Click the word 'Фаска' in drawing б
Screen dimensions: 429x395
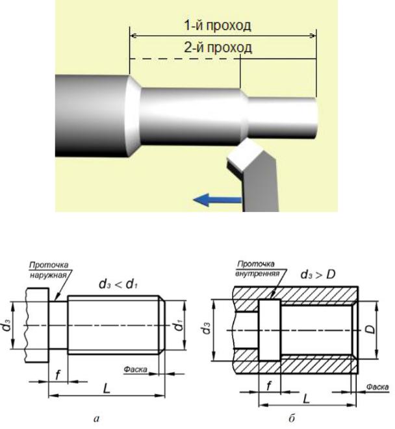[x=378, y=385]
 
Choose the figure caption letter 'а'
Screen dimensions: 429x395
[x=97, y=419]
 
